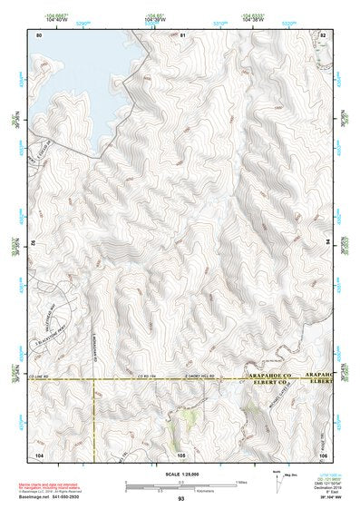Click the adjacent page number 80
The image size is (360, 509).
[x=39, y=34]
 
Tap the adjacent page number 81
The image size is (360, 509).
[x=182, y=34]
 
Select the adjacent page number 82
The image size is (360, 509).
[x=323, y=34]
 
